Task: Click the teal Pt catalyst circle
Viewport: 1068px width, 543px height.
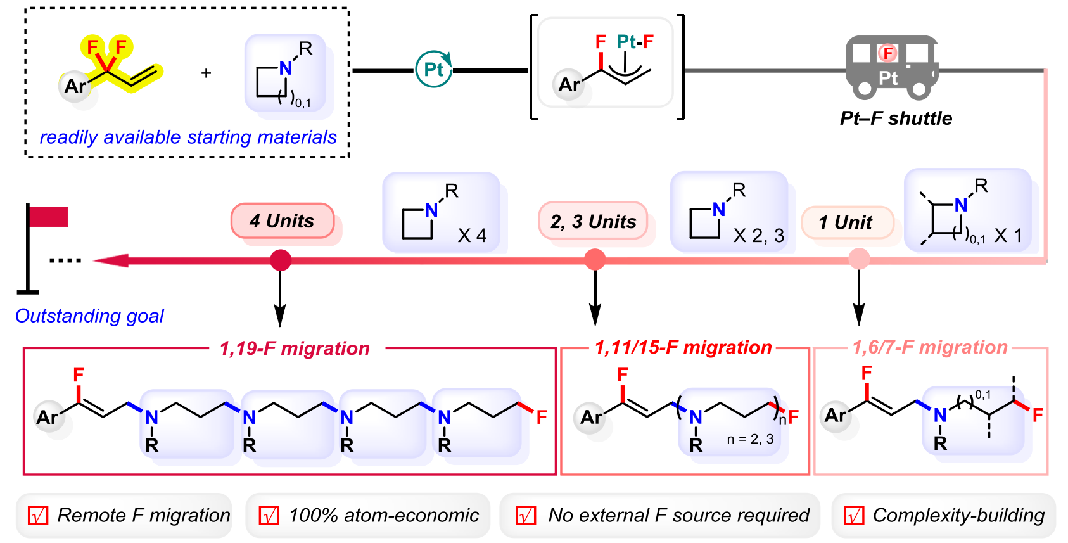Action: [434, 70]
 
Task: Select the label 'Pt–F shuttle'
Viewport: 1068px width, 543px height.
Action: [896, 118]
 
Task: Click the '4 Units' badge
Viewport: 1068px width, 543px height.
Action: [282, 221]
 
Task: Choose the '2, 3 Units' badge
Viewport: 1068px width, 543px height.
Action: [593, 222]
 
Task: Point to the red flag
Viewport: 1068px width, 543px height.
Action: [48, 217]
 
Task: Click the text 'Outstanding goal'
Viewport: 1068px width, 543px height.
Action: [89, 316]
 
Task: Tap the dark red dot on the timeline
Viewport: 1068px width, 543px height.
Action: [281, 260]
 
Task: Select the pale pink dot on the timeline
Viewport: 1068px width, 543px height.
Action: [858, 259]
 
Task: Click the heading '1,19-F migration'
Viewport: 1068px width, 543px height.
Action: [295, 348]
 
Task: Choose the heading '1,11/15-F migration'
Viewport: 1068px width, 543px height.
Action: [683, 347]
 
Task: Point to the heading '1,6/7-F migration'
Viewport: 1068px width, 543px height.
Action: [929, 347]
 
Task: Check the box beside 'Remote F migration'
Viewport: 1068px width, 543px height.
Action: [38, 516]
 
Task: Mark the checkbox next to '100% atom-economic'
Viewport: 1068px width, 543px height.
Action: [269, 516]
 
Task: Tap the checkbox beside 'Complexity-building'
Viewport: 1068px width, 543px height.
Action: [854, 516]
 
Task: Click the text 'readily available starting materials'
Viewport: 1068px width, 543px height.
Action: [188, 137]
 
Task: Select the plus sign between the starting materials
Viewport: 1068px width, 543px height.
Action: [206, 73]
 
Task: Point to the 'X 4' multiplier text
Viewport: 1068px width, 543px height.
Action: [472, 236]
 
